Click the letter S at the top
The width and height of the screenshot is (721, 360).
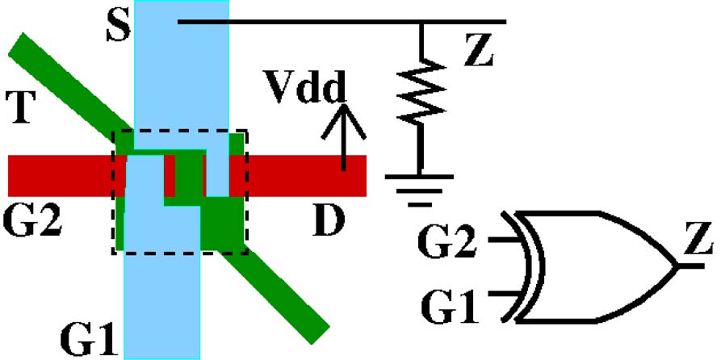click(x=118, y=27)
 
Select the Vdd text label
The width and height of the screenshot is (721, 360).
click(x=306, y=83)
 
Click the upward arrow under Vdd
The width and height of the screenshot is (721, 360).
click(x=344, y=137)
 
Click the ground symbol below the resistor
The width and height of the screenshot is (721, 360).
click(x=420, y=182)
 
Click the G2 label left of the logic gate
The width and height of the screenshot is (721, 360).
click(x=453, y=241)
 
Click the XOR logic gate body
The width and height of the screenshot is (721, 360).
click(x=597, y=266)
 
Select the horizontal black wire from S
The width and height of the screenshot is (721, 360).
click(x=339, y=21)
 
